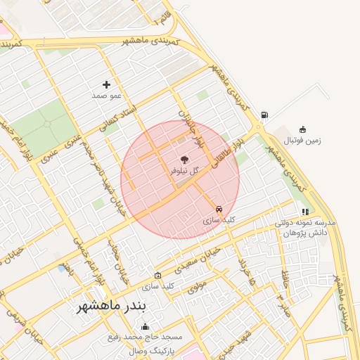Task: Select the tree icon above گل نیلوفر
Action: point(184,160)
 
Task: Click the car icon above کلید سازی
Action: point(219,209)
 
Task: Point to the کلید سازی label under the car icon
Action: point(219,220)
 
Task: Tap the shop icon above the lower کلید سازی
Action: point(157,275)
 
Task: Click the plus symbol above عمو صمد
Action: point(107,84)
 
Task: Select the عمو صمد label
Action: point(107,95)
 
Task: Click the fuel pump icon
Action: point(264,115)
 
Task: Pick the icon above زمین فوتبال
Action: point(302,129)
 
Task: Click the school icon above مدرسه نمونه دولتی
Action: point(304,211)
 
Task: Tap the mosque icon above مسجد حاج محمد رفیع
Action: point(146,326)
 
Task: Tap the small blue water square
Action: point(62,269)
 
